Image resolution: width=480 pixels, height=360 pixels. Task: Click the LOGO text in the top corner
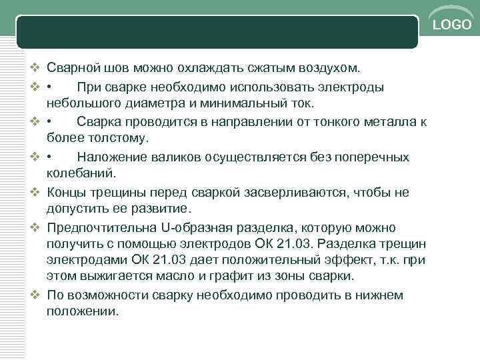453,25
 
